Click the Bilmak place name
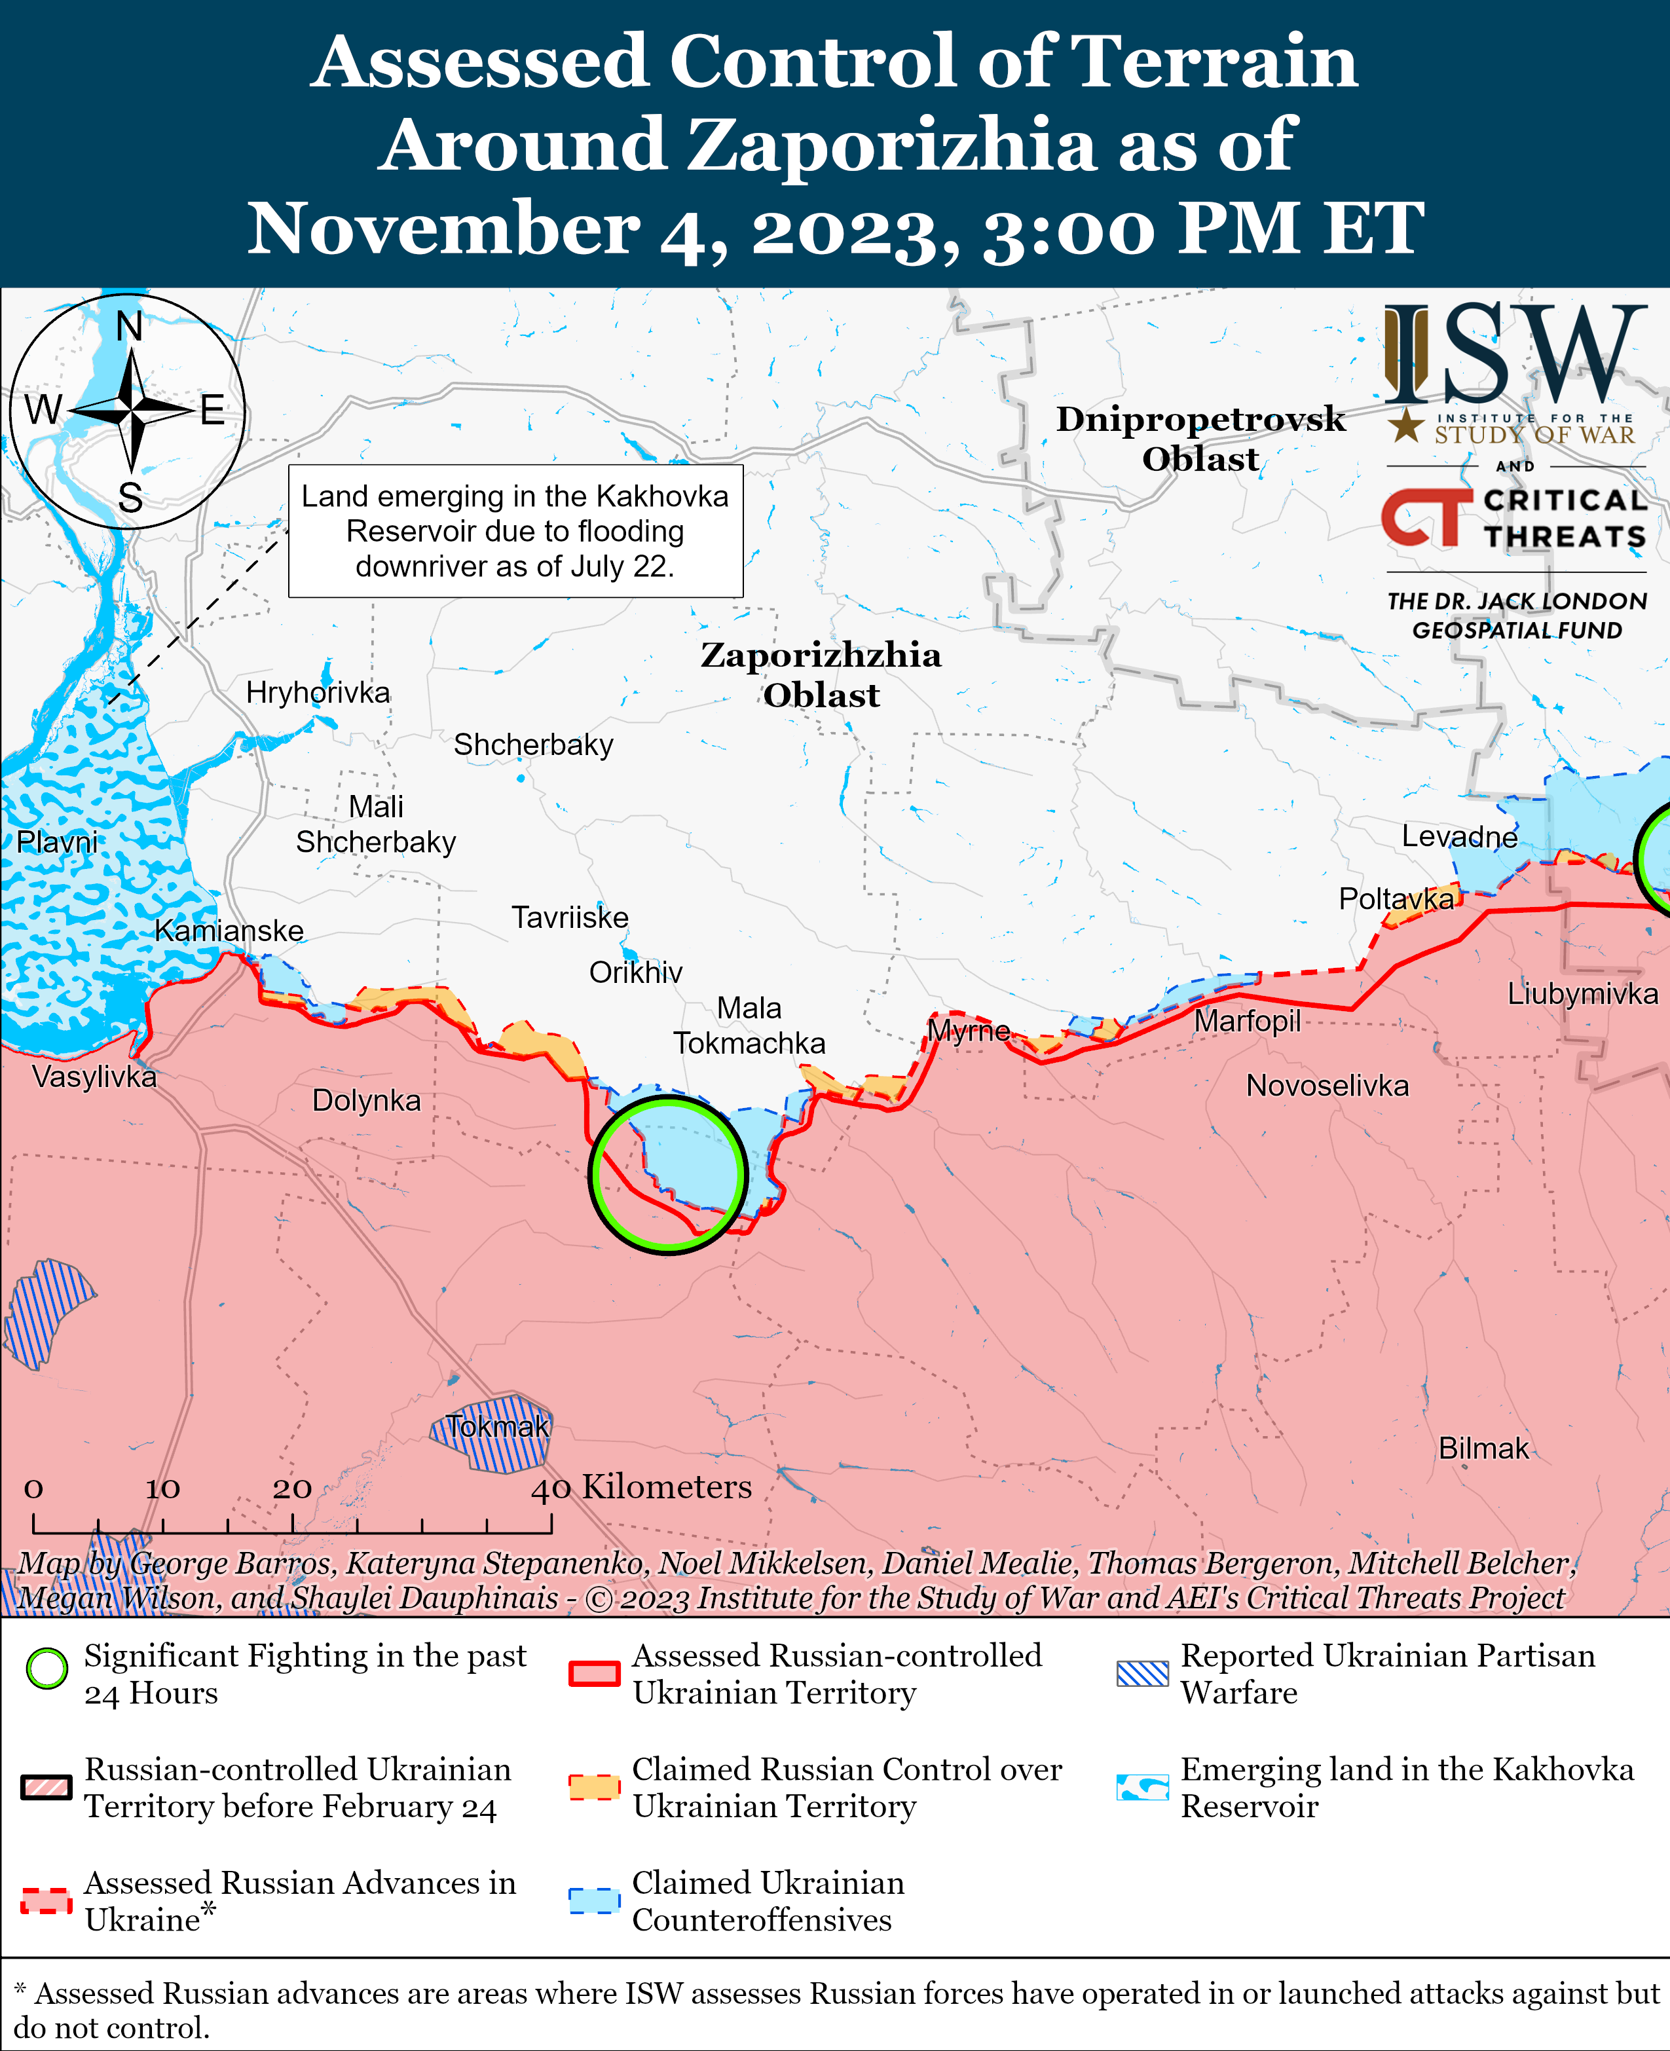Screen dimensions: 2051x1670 tap(1483, 1448)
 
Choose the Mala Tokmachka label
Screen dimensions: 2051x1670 tap(749, 1025)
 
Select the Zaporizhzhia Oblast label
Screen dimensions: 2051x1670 tap(821, 674)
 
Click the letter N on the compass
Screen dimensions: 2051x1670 tap(129, 327)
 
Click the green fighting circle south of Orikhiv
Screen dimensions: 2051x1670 tap(667, 1175)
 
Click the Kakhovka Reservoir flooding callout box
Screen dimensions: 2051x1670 tap(515, 531)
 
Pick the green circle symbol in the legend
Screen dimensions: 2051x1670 tap(47, 1668)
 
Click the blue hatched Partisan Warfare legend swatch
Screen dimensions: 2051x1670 tap(1142, 1673)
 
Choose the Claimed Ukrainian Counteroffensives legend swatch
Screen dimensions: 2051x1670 tap(593, 1901)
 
